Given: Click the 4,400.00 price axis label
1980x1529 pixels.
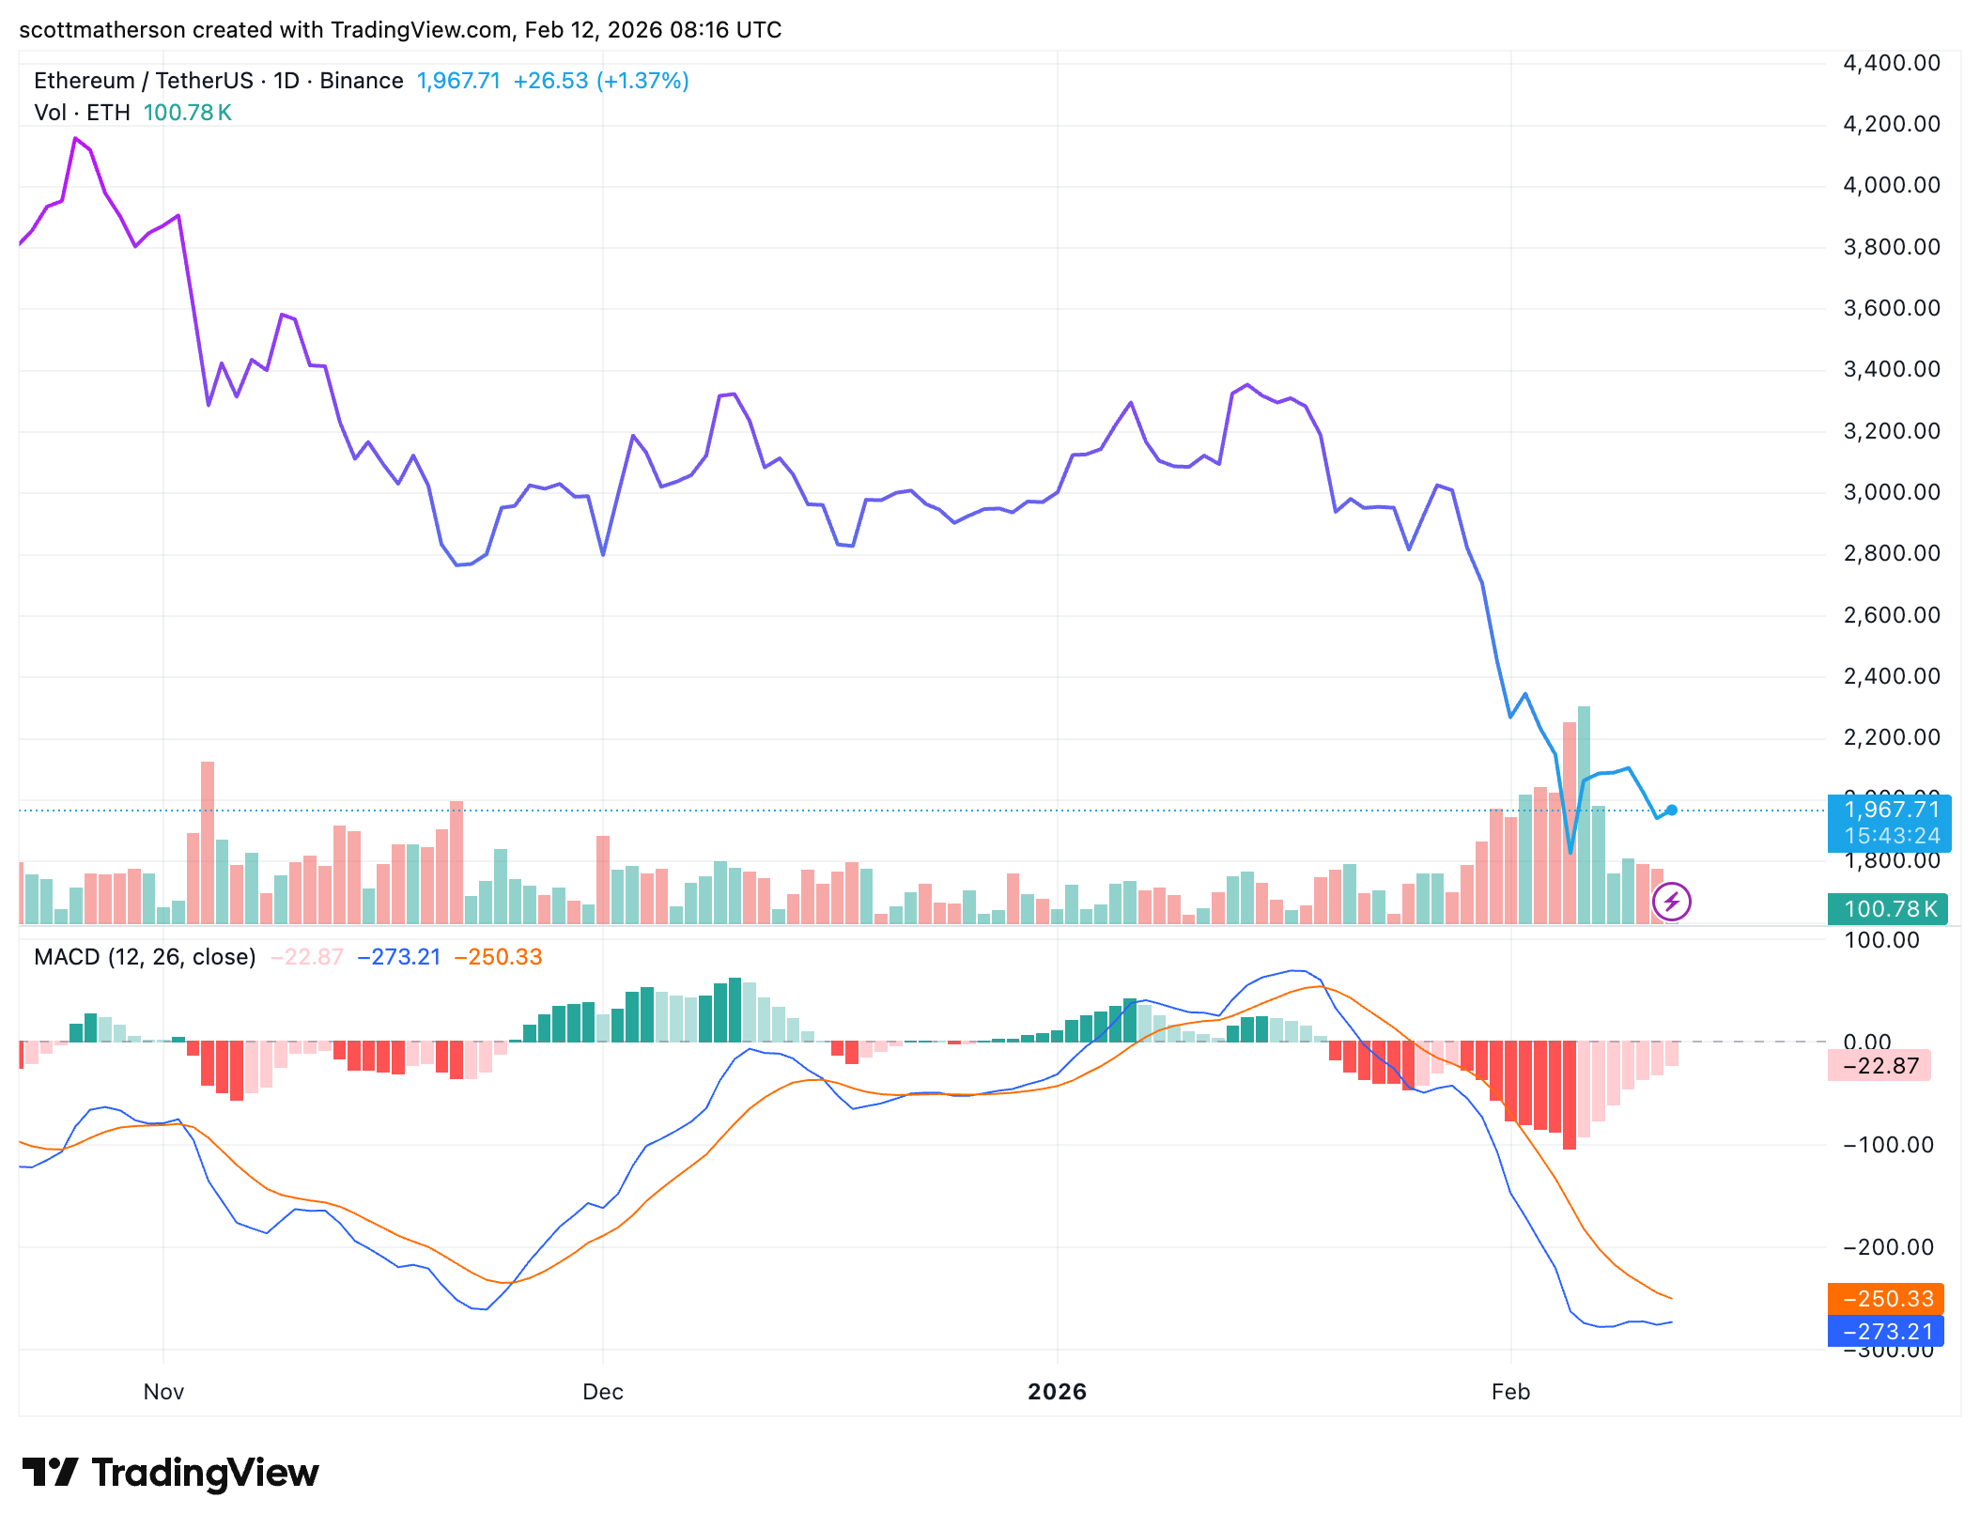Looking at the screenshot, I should pos(1891,63).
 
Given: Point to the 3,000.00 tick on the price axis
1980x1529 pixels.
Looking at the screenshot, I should pos(1891,492).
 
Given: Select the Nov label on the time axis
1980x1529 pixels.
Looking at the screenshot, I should pos(163,1392).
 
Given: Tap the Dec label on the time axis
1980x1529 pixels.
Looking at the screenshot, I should pos(602,1392).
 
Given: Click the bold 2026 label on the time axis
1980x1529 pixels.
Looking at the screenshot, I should pos(1057,1392).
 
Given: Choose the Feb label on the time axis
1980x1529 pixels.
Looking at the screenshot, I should pos(1510,1392).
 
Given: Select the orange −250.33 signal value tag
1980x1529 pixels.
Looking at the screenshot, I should pos(1885,1299).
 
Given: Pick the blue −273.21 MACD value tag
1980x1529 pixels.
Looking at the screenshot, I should pos(1885,1332).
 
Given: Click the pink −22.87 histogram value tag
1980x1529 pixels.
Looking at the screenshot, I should pos(1879,1066).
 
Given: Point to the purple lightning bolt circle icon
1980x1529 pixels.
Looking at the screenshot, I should pos(1672,903).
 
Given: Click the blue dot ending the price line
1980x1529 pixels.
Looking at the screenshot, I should pos(1672,811).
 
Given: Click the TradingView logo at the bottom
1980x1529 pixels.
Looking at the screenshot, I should pos(171,1473).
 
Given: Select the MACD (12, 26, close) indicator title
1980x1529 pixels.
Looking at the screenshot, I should pos(145,957).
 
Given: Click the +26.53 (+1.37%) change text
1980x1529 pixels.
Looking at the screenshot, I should pos(601,81).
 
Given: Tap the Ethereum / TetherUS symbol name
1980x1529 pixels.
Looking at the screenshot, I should pos(143,81).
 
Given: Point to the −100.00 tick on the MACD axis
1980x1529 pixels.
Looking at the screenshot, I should pos(1888,1145).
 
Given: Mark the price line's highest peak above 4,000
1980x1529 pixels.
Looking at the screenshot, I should pos(75,139).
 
